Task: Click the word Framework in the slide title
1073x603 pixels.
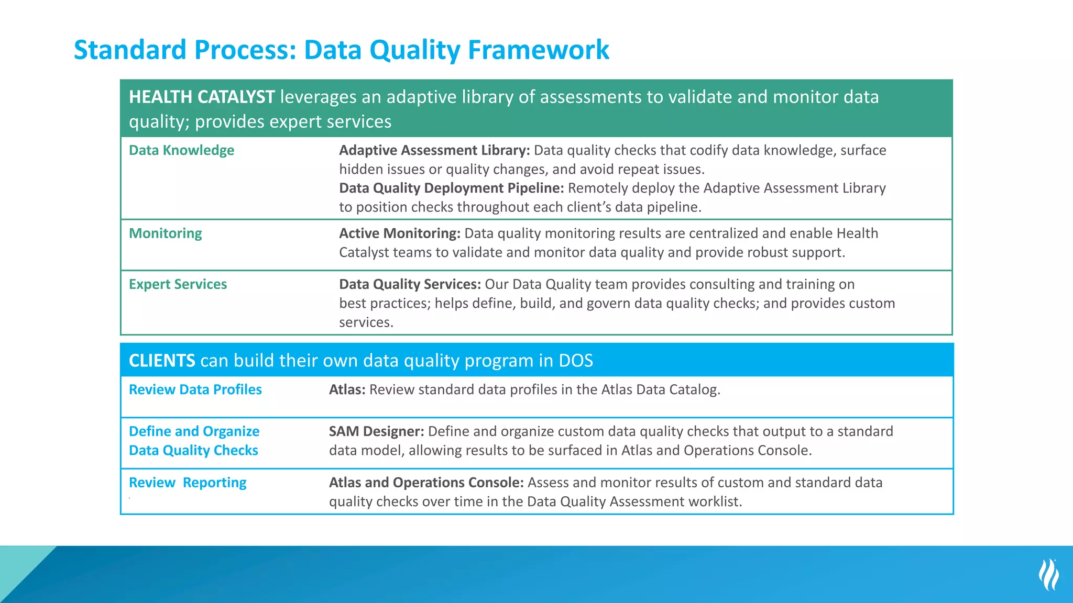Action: [x=538, y=50]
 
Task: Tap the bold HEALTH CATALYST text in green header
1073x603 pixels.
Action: [x=202, y=97]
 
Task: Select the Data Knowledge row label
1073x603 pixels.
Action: [x=181, y=150]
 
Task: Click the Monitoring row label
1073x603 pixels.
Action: [x=165, y=233]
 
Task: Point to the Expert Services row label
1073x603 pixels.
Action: [x=178, y=284]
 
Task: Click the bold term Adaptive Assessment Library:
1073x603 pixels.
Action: [x=434, y=150]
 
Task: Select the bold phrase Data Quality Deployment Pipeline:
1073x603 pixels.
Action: [x=451, y=188]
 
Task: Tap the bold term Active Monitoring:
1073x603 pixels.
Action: [x=399, y=233]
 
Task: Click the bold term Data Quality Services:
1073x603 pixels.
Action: [x=410, y=284]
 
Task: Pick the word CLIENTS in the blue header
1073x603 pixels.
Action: [x=162, y=361]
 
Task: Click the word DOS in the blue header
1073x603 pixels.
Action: [x=575, y=361]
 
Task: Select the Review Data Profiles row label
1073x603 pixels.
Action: [x=195, y=389]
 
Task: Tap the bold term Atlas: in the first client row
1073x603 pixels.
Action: [x=347, y=389]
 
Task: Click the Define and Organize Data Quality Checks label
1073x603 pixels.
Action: [x=194, y=441]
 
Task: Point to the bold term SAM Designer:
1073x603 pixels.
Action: [x=376, y=431]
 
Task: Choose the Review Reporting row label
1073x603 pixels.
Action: [x=188, y=483]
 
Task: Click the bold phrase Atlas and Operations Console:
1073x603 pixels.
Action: [x=426, y=483]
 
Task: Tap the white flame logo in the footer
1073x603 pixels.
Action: [x=1048, y=574]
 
